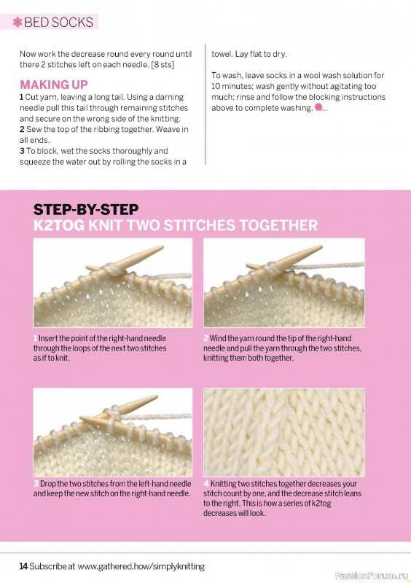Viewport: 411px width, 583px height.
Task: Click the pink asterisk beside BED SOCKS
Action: [x=17, y=23]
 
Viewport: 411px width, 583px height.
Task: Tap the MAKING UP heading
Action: [x=54, y=85]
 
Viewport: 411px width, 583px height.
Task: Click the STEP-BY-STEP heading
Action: [x=86, y=210]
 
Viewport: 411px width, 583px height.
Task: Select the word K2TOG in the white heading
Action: [x=59, y=226]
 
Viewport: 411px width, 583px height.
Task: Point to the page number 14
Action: [x=23, y=566]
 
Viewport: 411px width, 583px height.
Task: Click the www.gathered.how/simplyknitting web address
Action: [x=141, y=567]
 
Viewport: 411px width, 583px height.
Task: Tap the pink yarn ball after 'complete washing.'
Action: [x=320, y=108]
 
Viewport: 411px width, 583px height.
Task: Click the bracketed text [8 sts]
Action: [x=163, y=65]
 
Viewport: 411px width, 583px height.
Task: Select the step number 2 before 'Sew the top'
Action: [x=22, y=130]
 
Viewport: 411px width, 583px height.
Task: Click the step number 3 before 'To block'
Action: [x=22, y=151]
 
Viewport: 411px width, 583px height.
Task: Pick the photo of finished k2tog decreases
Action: [x=284, y=432]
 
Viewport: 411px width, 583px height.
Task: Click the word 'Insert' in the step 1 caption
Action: [x=47, y=338]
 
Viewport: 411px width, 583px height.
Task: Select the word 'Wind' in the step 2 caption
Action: [x=218, y=338]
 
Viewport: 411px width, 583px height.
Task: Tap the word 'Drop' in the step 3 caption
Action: [x=47, y=484]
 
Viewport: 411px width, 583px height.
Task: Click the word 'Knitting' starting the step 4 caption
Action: [x=223, y=484]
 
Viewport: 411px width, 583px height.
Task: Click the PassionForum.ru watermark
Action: [x=371, y=576]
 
